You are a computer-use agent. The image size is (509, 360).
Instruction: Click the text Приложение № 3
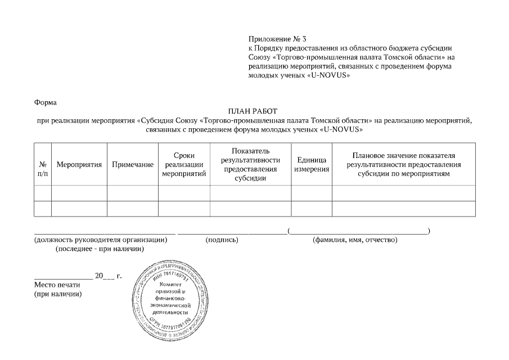277,39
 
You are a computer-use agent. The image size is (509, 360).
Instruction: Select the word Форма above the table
45,102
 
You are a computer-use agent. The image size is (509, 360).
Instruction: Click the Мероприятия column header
79,164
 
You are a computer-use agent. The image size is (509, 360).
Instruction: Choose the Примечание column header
132,164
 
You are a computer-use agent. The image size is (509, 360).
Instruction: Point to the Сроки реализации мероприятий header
184,164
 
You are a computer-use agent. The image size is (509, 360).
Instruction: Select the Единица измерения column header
311,164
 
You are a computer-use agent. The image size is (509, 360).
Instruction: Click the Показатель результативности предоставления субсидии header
250,164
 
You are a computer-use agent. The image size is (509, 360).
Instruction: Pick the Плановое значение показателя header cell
403,164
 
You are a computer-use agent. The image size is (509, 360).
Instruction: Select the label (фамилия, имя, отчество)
355,240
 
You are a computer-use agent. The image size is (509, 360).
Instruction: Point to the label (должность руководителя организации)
101,240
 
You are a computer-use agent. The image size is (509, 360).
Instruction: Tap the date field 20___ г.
108,276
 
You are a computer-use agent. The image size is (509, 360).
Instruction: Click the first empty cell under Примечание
132,193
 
